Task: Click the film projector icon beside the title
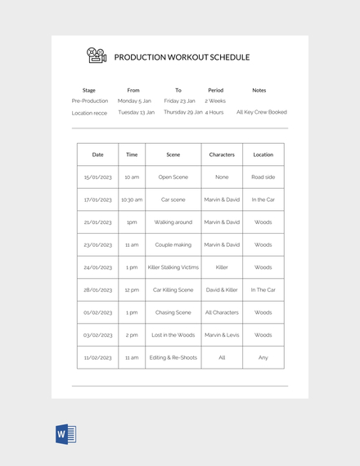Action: (97, 56)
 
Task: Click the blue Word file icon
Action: (65, 434)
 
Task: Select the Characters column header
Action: (222, 154)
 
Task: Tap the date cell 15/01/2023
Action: (98, 177)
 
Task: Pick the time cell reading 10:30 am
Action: (132, 199)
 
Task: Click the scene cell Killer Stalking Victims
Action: (173, 267)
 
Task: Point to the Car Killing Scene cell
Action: (173, 289)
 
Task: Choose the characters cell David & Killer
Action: (222, 289)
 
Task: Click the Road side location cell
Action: (263, 177)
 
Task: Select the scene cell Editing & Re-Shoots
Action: (173, 357)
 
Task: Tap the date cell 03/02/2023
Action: (98, 334)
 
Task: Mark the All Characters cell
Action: (222, 312)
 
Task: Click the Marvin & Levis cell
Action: (222, 334)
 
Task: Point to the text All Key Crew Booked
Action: (262, 112)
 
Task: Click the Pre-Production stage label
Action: (90, 101)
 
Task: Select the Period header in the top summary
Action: (215, 90)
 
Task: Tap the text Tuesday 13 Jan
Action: (136, 112)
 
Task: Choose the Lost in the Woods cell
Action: (173, 334)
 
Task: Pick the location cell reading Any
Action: (263, 357)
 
